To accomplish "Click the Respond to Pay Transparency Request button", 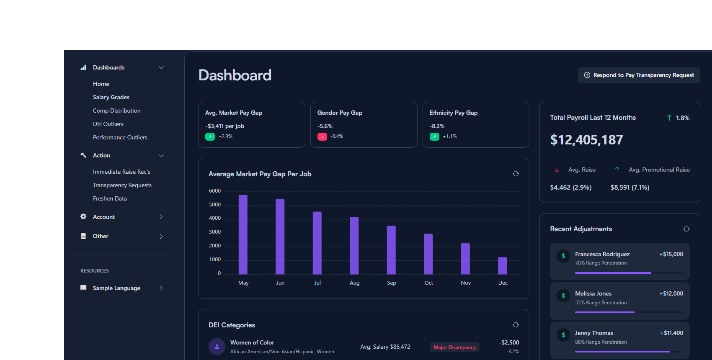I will tap(639, 75).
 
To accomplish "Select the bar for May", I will tap(243, 234).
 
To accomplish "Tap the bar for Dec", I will tap(502, 265).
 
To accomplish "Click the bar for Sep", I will tap(391, 250).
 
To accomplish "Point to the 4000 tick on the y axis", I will tap(215, 218).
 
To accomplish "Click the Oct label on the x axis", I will tap(428, 283).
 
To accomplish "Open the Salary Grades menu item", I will tap(111, 97).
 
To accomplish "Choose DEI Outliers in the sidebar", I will tap(108, 124).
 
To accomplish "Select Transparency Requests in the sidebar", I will tap(122, 185).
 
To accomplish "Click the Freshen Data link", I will tap(110, 198).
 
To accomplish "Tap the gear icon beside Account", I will tap(83, 216).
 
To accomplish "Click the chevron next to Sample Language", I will tap(161, 288).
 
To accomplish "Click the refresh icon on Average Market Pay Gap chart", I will tap(516, 174).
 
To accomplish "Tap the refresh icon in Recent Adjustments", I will tap(686, 229).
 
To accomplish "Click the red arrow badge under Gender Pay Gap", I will tap(322, 136).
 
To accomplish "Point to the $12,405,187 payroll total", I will tap(586, 140).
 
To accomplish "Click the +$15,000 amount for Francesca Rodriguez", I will tap(671, 254).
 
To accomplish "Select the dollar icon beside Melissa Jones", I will tap(563, 296).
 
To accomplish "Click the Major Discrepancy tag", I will tap(454, 347).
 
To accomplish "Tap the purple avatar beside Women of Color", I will tap(217, 347).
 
